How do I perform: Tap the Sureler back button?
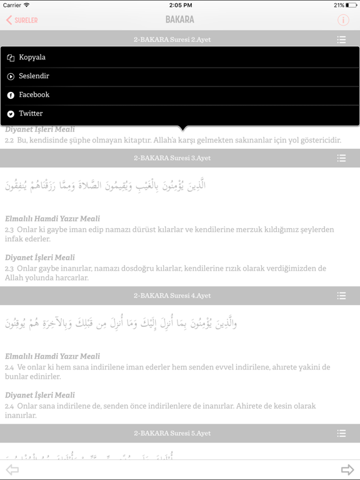tap(22, 20)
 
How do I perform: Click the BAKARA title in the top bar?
tap(180, 20)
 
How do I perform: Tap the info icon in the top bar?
tap(343, 20)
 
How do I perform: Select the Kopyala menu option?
tap(32, 57)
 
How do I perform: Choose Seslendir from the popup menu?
tap(34, 76)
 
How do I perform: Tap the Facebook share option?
tap(34, 95)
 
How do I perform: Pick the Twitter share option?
tap(31, 114)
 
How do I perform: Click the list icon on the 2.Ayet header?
tap(341, 39)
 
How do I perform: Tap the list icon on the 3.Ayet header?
tap(341, 158)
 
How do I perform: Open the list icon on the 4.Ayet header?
tap(341, 296)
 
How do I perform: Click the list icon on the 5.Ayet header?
tap(341, 433)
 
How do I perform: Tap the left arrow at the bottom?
tap(12, 470)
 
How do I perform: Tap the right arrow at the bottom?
tap(347, 470)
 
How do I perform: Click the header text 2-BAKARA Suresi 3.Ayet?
tap(172, 158)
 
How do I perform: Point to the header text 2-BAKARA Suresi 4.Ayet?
tap(172, 296)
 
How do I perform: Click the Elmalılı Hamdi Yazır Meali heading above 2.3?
tap(52, 219)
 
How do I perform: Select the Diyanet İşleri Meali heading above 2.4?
tap(40, 395)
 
